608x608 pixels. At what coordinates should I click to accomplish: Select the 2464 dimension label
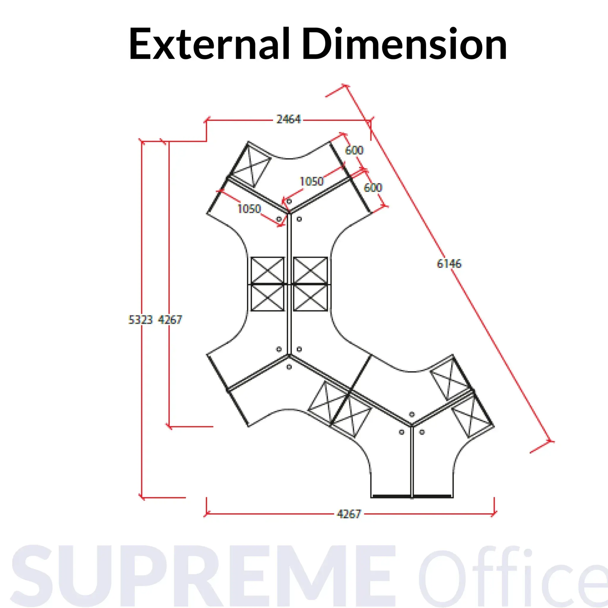tap(289, 119)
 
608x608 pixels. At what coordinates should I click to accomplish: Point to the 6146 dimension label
tap(449, 263)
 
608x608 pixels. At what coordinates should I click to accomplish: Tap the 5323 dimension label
tap(141, 319)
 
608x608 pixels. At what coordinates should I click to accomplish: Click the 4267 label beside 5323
tap(170, 319)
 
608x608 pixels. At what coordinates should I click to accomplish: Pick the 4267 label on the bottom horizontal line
tap(349, 514)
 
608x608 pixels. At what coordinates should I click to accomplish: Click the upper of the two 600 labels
tap(354, 150)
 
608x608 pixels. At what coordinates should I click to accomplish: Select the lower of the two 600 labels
tap(373, 188)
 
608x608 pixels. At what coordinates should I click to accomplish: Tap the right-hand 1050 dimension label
tap(311, 181)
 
